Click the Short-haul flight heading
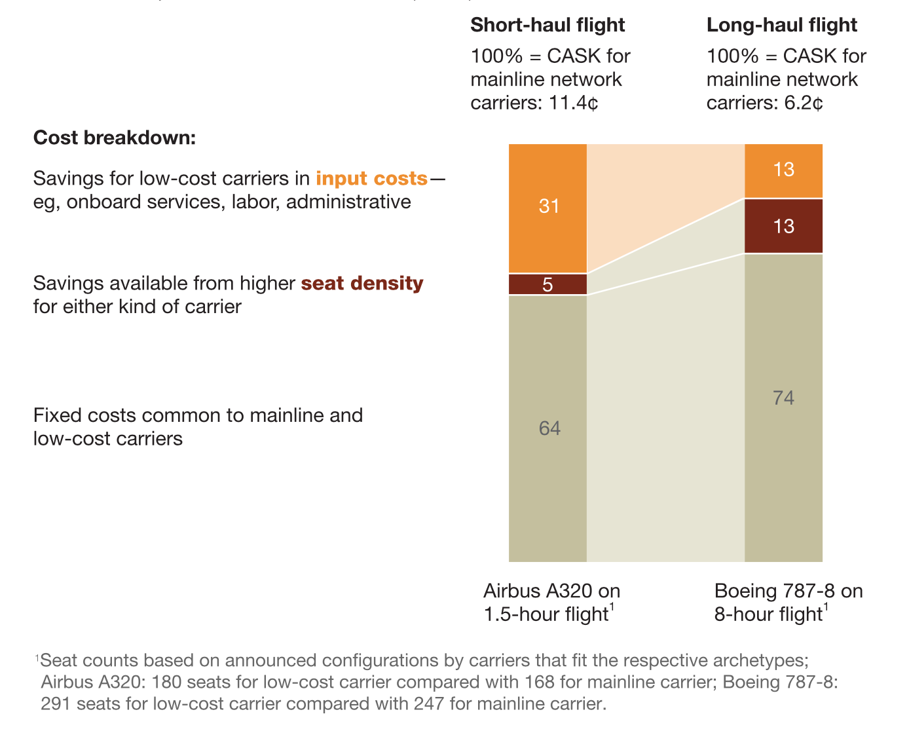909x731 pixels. point(547,25)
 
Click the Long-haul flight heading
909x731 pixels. point(781,25)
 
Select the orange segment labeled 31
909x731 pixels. point(548,208)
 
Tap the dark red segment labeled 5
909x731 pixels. point(548,284)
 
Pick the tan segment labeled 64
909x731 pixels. point(548,428)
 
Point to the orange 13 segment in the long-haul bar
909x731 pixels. point(783,170)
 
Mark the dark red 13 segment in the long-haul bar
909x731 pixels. point(783,226)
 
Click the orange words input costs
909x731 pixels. point(371,179)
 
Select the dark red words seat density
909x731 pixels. point(362,284)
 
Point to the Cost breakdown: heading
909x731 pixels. point(115,138)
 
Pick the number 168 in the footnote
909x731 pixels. point(542,682)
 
